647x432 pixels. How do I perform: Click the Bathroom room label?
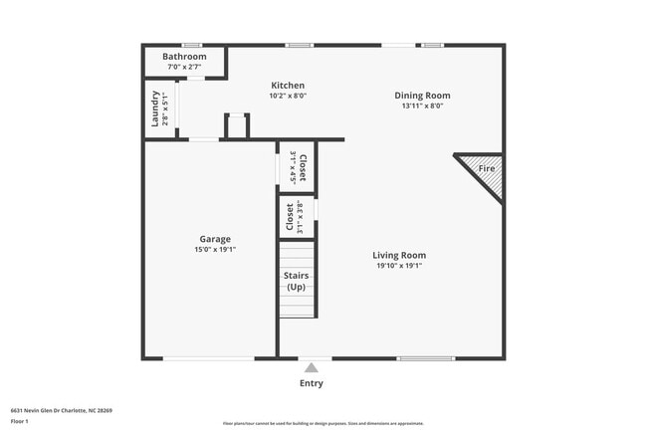[x=184, y=57]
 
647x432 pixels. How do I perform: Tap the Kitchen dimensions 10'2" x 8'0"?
[x=287, y=96]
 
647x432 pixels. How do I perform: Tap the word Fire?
[x=487, y=169]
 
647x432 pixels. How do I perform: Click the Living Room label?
[x=399, y=255]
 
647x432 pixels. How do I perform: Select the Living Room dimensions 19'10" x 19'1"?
[x=399, y=266]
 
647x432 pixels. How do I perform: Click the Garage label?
[x=215, y=239]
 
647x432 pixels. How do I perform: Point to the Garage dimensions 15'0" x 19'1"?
[x=215, y=250]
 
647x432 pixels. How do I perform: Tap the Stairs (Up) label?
[x=296, y=281]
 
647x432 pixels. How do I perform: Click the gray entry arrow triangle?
[x=312, y=367]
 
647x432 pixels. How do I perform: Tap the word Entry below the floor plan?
[x=312, y=383]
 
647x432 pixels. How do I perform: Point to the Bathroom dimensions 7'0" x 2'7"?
[x=184, y=68]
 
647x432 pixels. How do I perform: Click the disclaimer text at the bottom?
[x=323, y=424]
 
